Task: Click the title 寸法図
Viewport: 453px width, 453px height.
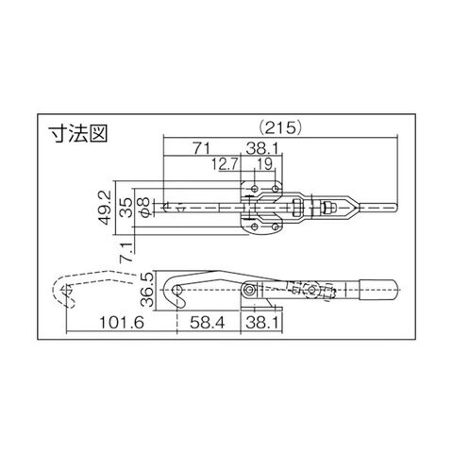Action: [78, 134]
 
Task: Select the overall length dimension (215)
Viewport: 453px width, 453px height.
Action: [279, 128]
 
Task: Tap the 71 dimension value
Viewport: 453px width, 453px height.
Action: [201, 148]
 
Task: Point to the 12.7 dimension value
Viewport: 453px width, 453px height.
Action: [226, 164]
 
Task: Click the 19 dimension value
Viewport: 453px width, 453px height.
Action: [264, 164]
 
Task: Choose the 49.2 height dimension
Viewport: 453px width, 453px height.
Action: [105, 208]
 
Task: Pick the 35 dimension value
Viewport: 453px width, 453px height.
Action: [126, 208]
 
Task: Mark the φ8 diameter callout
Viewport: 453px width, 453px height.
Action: [145, 208]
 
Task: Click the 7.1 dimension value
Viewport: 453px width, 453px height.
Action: [126, 252]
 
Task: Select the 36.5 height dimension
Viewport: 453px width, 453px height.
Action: [147, 290]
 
